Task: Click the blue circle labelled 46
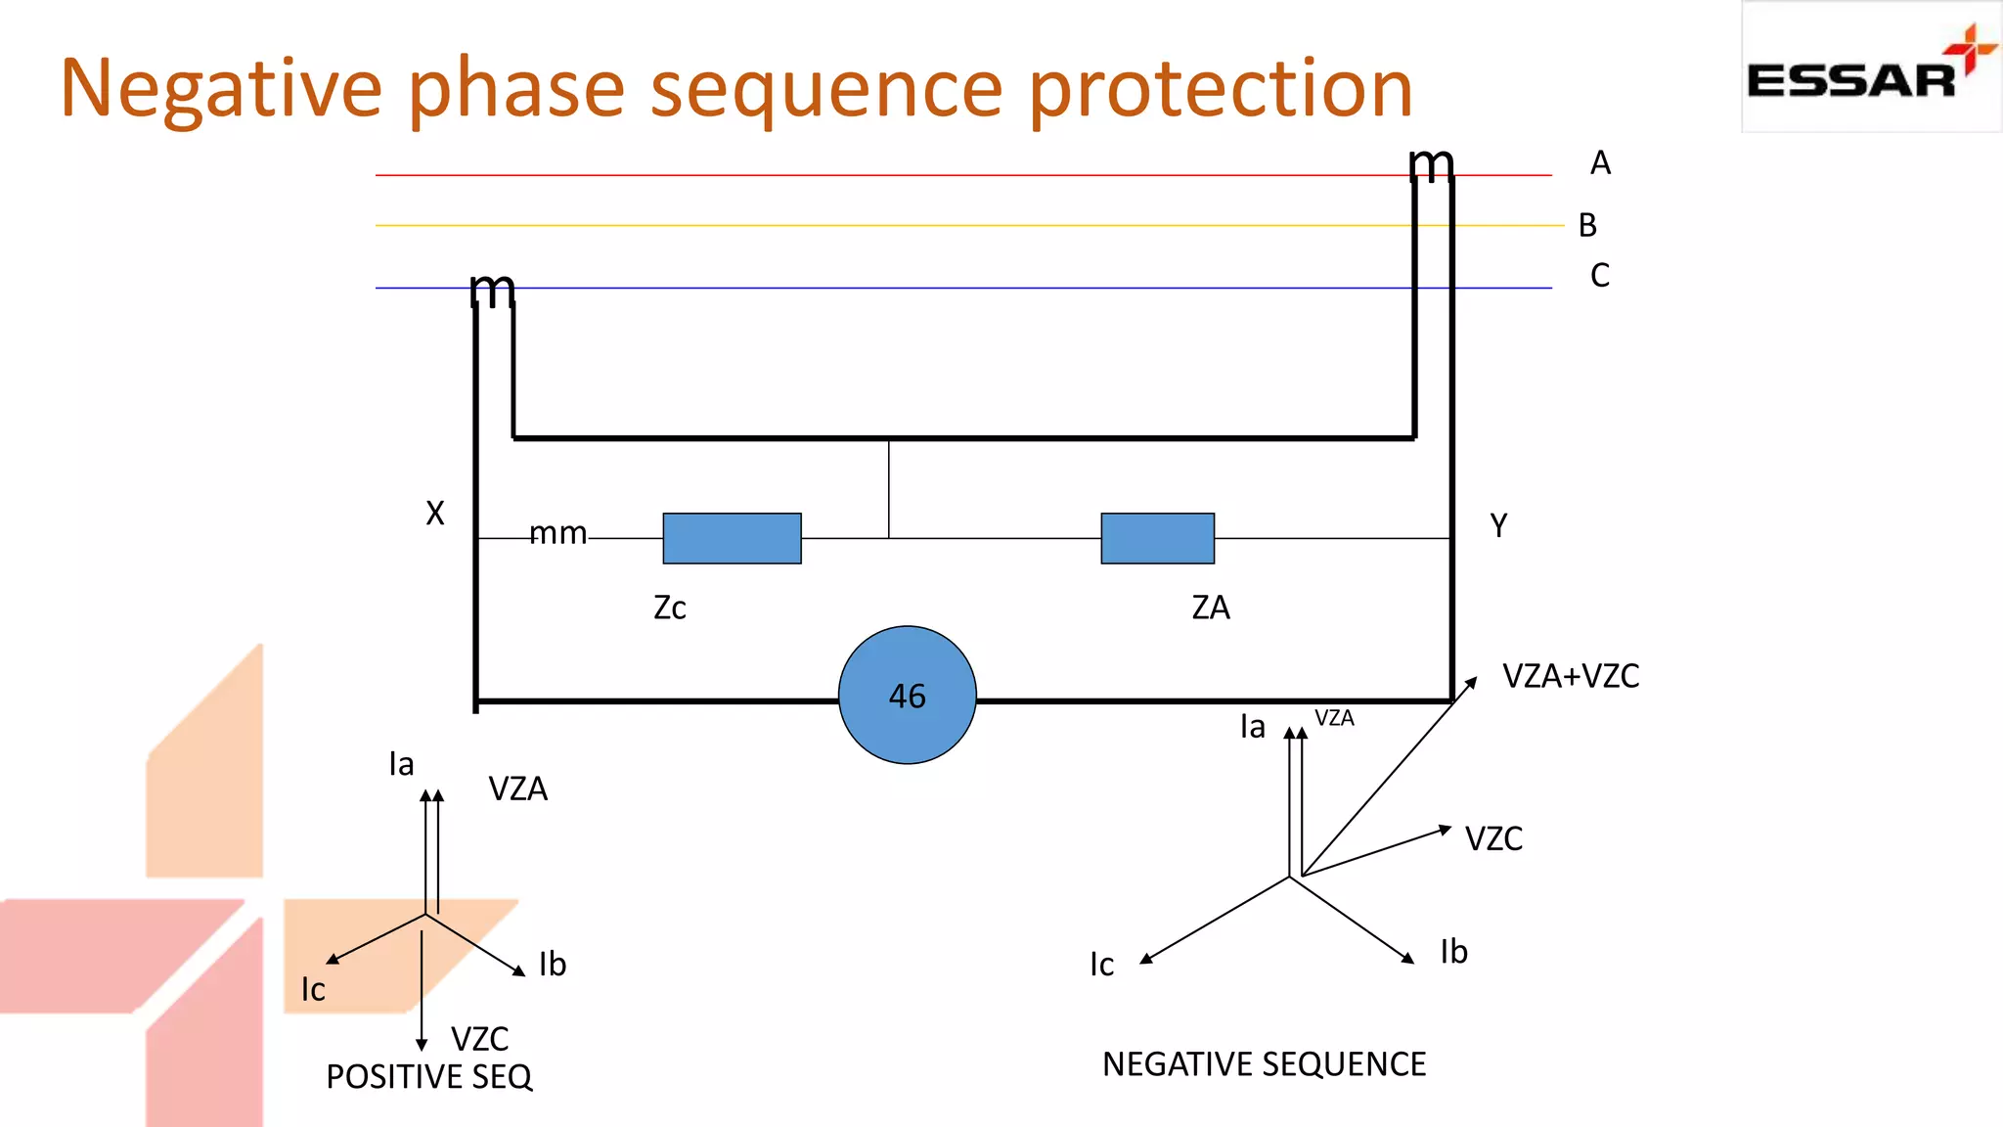click(x=907, y=695)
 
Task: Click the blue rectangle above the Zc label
click(x=732, y=538)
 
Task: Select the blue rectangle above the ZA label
click(x=1157, y=538)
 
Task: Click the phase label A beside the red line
click(x=1600, y=162)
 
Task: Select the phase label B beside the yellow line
click(x=1587, y=225)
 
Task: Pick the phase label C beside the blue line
click(x=1600, y=275)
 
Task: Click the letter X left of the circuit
click(x=435, y=513)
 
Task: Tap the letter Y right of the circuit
click(x=1498, y=526)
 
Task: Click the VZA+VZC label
click(x=1571, y=676)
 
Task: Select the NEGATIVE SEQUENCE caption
click(x=1264, y=1063)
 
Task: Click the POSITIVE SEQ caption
click(x=428, y=1076)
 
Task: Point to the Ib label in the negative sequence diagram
click(x=1453, y=952)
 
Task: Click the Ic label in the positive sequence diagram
click(x=313, y=989)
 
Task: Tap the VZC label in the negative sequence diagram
click(x=1493, y=838)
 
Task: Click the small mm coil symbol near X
click(x=558, y=534)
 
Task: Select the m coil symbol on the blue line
click(x=492, y=291)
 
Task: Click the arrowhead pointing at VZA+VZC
click(x=1470, y=683)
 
